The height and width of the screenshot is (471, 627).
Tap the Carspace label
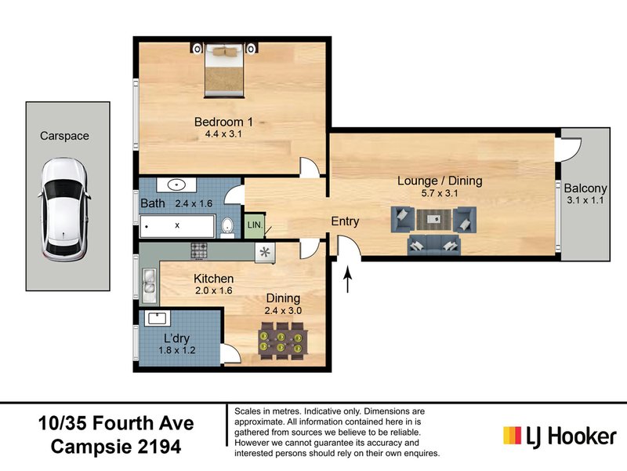point(64,136)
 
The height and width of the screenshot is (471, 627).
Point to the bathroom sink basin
point(177,186)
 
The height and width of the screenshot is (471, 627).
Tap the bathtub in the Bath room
point(178,226)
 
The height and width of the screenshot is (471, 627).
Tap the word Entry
point(345,222)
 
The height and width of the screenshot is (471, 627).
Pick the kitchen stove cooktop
point(199,251)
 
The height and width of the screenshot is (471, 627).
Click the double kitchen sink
point(148,283)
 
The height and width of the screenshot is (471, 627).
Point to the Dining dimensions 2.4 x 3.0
point(282,310)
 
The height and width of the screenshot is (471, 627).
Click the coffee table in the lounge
point(433,221)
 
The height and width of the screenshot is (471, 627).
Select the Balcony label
point(585,188)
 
